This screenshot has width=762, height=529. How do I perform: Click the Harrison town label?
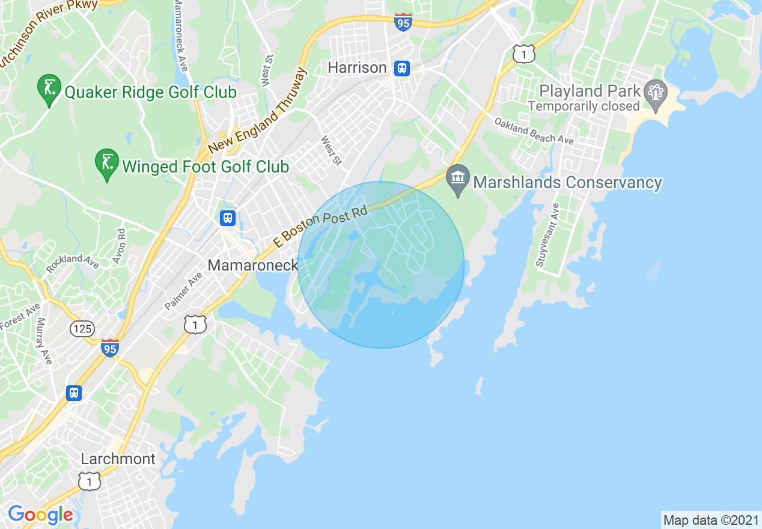coord(357,68)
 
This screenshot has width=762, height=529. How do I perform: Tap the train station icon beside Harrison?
coord(402,68)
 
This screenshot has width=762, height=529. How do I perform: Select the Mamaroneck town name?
coord(252,264)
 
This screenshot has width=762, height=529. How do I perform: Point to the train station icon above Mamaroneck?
coord(228,218)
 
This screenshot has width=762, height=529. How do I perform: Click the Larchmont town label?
coord(118,459)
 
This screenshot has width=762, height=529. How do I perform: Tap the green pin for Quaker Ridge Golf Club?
coord(48,90)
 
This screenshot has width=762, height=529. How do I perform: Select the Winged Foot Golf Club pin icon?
coord(107,164)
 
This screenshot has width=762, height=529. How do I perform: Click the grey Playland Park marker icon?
coord(654,93)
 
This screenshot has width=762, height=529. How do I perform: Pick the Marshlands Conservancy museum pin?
coord(458,179)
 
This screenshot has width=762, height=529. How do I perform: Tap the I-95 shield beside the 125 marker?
coord(109,347)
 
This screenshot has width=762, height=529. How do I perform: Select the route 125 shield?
coord(81,328)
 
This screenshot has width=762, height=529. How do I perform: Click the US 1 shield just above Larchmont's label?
coord(90,480)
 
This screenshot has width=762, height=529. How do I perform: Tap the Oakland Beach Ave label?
coord(534,130)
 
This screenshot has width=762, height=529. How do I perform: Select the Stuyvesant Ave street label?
coord(548,235)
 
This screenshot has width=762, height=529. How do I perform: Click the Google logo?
coord(40,515)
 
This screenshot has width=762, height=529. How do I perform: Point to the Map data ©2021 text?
coord(711,519)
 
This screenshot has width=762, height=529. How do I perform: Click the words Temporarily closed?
coord(584,106)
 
